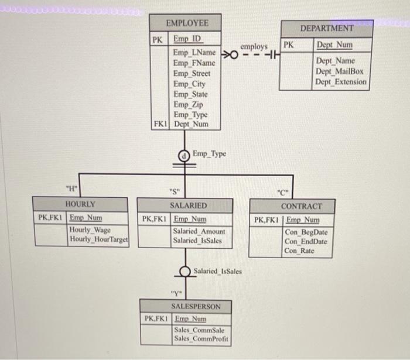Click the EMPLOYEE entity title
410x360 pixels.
pos(187,23)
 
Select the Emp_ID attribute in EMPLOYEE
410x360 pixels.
pos(187,40)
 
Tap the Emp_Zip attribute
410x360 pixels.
pos(188,104)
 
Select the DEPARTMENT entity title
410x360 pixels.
pos(327,28)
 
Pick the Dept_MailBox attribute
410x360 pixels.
pos(340,71)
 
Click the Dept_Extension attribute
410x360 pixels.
pos(341,81)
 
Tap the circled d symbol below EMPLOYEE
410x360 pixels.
pos(184,155)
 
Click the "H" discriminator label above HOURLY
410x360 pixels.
pos(71,188)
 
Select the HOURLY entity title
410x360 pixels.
pos(81,204)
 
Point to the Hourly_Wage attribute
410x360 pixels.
pos(90,230)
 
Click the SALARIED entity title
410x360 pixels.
pos(188,206)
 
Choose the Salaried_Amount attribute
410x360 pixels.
pos(199,231)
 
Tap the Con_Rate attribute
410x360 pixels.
pos(299,251)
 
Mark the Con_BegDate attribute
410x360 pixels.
pos(306,232)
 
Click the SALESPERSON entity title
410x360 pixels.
pos(196,306)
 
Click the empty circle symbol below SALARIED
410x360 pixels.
pos(185,272)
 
